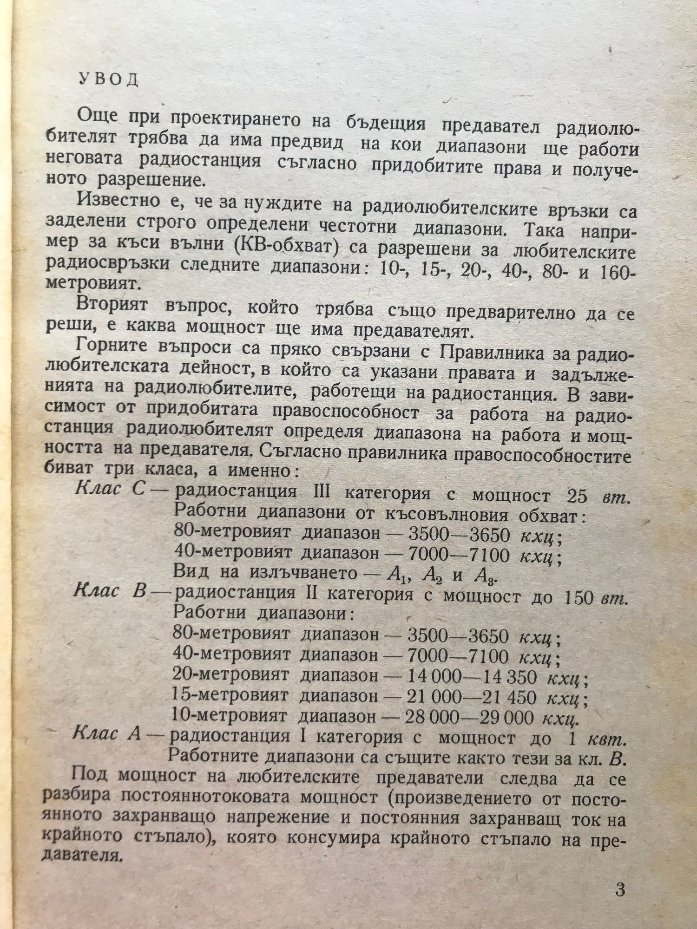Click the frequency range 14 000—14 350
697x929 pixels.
click(x=471, y=678)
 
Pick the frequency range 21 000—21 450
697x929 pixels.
click(x=471, y=697)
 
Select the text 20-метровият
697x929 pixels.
click(x=230, y=677)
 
